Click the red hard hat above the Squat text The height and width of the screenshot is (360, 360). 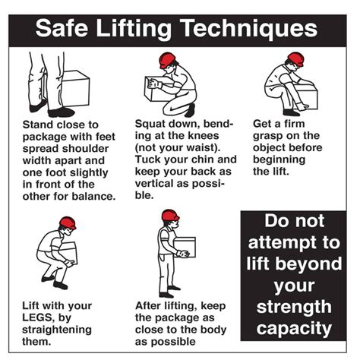[168, 62]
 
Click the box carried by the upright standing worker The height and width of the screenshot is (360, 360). [185, 247]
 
